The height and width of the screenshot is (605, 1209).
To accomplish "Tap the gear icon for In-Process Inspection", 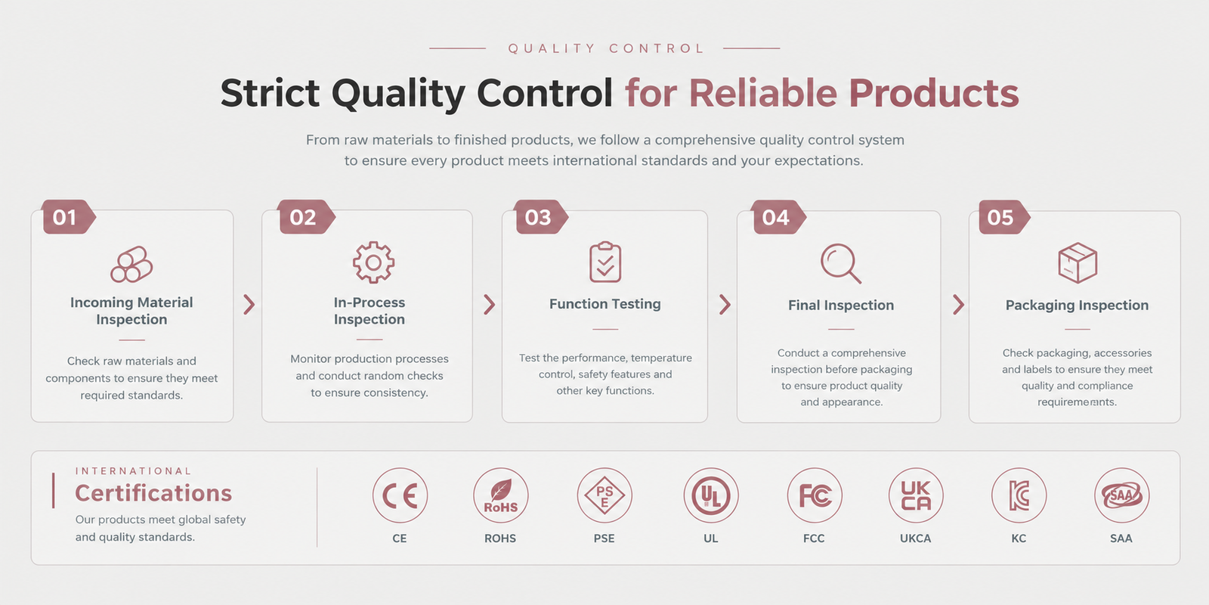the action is click(373, 262).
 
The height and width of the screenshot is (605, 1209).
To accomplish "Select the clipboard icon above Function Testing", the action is click(605, 262).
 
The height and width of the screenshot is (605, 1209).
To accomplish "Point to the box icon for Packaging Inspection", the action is click(1078, 263).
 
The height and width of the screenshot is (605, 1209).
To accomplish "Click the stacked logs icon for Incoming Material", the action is click(131, 264).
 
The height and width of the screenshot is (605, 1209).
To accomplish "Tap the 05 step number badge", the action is click(1004, 217).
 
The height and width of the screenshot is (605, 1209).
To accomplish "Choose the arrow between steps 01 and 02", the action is click(249, 305).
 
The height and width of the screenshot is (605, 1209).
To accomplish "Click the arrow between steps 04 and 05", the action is click(959, 305).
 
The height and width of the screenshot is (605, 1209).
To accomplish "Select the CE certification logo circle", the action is click(400, 495).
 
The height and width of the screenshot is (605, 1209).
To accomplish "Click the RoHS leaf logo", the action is click(501, 495).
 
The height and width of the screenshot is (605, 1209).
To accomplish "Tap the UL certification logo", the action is click(711, 495).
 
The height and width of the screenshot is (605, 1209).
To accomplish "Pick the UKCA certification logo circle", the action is click(916, 495).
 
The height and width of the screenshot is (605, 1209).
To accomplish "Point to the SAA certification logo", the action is click(1121, 495).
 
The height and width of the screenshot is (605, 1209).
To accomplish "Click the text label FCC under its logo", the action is click(814, 538).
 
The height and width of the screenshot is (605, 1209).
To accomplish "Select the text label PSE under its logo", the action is click(604, 538).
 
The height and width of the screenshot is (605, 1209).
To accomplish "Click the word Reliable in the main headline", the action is click(763, 93).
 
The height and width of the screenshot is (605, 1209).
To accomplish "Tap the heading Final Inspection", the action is click(841, 306).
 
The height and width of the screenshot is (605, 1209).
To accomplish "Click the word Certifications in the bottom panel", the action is click(153, 493).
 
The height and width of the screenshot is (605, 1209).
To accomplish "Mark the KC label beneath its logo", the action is click(1019, 538).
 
